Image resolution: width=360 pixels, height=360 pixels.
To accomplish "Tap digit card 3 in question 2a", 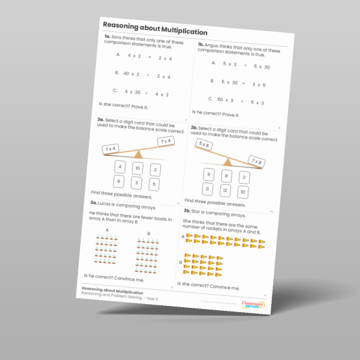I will point(137,182).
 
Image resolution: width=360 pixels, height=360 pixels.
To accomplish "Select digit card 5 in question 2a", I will point(154,185).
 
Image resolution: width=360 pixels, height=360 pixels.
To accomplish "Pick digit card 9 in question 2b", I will point(209,175).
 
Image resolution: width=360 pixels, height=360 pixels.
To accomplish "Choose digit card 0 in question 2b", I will point(207,190).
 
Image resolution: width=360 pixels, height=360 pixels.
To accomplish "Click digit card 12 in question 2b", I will point(225,191).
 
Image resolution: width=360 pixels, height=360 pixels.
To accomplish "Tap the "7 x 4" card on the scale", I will point(110,148).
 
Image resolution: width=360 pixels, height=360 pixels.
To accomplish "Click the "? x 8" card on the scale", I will point(257,161).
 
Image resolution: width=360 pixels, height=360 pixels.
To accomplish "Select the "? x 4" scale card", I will point(165,141).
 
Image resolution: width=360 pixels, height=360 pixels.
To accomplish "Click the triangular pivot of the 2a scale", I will point(139,155).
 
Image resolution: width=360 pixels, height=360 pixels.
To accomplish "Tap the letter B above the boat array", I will point(148,233).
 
